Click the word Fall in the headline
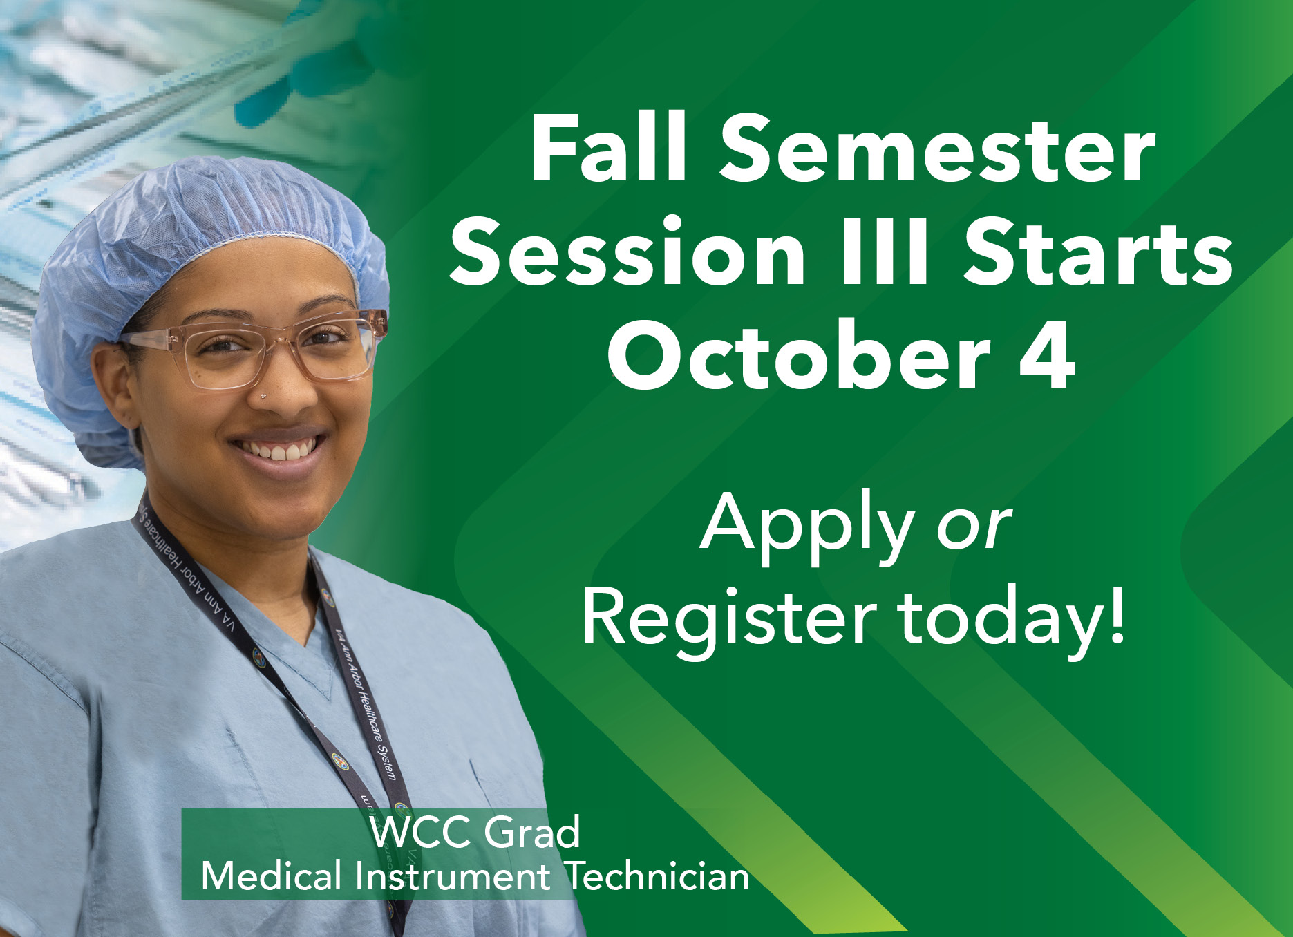[x=609, y=149]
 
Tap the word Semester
[x=938, y=150]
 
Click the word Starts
[x=1097, y=251]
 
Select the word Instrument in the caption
[x=453, y=877]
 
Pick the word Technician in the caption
[x=657, y=877]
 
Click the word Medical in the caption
[x=272, y=877]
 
